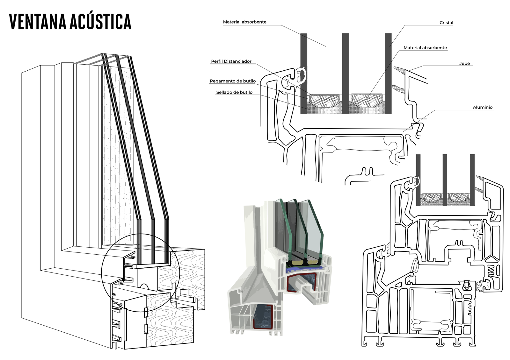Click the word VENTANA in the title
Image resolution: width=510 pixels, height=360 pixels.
38,22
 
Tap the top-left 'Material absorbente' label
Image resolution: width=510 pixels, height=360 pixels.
244,22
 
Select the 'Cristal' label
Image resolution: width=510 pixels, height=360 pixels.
446,23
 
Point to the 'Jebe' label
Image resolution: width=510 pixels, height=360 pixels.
464,63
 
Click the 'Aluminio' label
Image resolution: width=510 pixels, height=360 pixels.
482,108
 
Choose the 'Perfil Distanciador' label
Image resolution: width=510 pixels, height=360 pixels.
231,61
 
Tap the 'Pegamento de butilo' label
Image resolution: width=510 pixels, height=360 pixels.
233,81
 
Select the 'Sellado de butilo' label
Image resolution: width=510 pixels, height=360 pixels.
234,92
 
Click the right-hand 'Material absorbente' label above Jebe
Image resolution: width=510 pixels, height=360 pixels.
425,48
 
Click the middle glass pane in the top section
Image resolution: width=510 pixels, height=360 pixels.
345,73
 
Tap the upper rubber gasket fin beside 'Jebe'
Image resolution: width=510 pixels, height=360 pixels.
399,69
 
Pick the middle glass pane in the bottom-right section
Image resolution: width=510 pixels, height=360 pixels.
445,180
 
